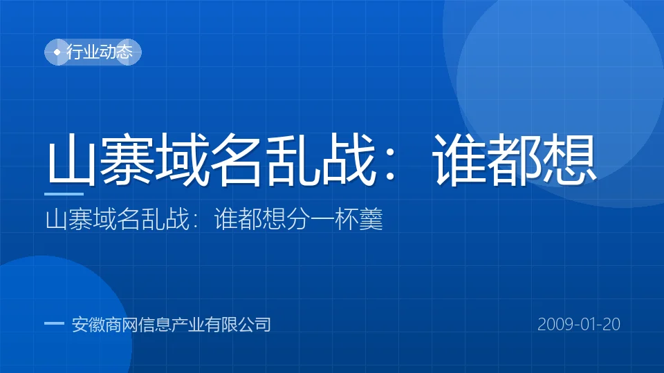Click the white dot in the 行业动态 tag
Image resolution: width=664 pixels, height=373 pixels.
57,52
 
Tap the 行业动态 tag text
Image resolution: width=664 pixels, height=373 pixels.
100,52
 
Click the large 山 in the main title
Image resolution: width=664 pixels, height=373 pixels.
71,160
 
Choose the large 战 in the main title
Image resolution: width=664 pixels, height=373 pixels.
348,160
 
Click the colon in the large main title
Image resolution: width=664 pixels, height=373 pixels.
390,166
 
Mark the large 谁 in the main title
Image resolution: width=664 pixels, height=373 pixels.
459,160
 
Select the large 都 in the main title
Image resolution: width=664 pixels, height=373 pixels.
514,160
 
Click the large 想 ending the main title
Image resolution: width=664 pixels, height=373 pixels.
569,160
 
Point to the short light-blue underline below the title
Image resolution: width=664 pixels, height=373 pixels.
64,194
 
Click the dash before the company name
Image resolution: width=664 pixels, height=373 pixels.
54,323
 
